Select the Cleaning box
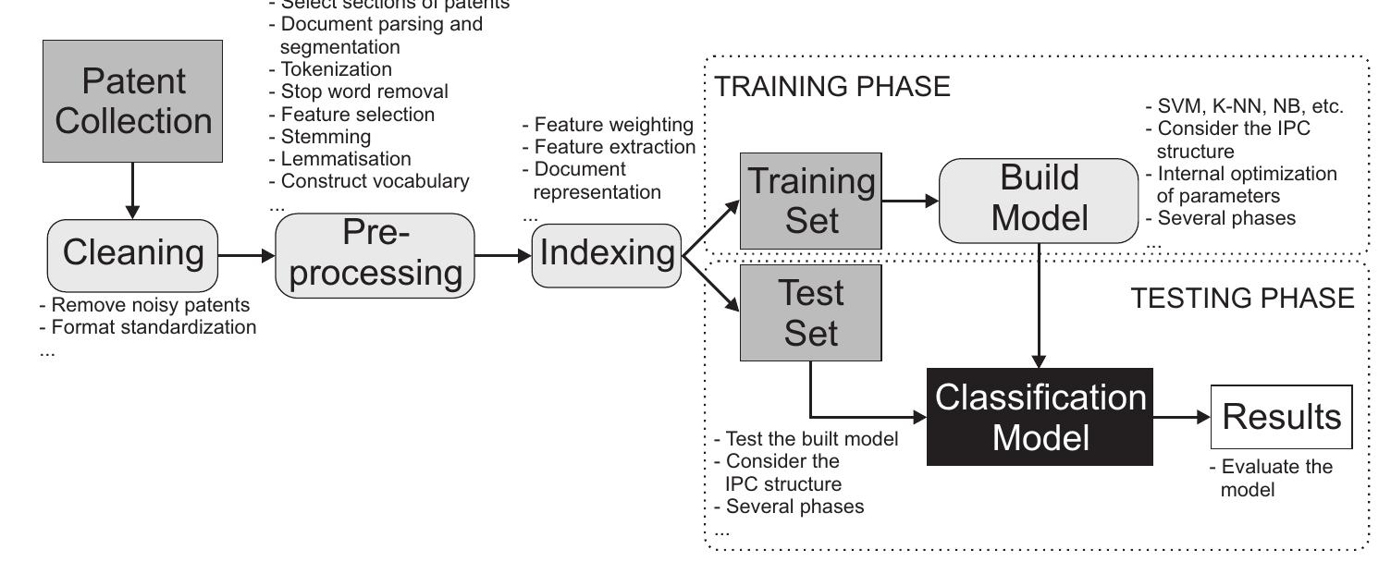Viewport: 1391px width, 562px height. tap(131, 253)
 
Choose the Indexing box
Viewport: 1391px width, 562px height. tap(606, 253)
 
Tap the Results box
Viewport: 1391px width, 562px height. tap(1281, 418)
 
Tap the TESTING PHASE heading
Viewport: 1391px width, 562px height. tap(1242, 298)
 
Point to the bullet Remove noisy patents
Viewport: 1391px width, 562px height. tap(144, 304)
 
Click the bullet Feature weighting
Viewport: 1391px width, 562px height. tap(608, 124)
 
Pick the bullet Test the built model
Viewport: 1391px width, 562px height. tap(806, 439)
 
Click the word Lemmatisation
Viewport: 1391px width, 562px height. tap(345, 159)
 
